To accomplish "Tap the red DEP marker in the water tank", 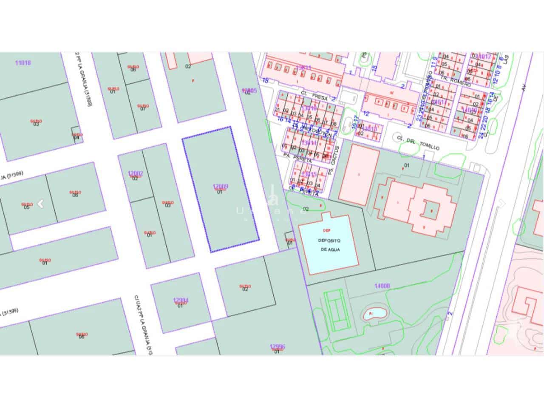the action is coord(326,231).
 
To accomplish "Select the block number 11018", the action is coord(23,63).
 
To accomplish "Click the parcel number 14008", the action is coord(382,286).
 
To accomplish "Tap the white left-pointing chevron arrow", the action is coord(41,204).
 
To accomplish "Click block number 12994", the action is coord(181,300).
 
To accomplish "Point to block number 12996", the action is coord(278,347).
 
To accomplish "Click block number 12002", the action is coord(135,173).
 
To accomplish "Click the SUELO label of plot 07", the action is coord(143,106).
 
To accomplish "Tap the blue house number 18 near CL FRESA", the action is coord(266,80).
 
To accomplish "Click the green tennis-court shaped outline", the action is coord(336,310).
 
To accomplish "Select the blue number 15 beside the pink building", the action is coord(374,68).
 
